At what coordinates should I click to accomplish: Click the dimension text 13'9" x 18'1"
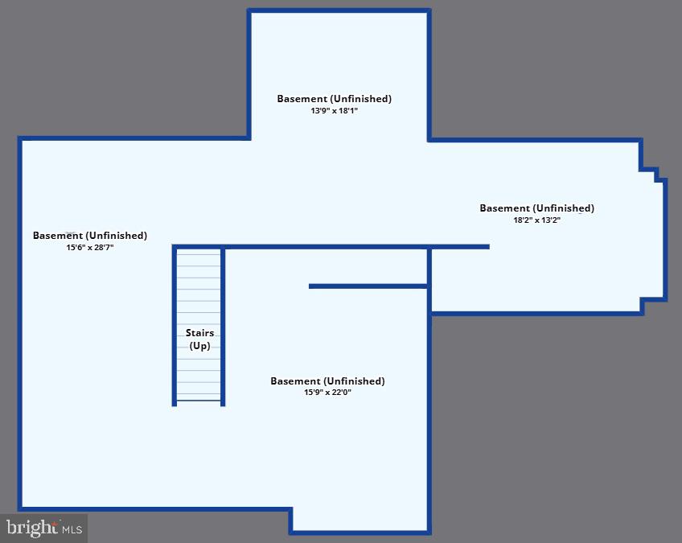pyautogui.click(x=334, y=111)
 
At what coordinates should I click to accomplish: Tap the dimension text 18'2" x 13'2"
pyautogui.click(x=536, y=220)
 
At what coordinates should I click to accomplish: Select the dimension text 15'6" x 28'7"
pyautogui.click(x=90, y=248)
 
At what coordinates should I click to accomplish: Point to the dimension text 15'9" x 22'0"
pyautogui.click(x=327, y=393)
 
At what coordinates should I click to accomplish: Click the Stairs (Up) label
pyautogui.click(x=199, y=339)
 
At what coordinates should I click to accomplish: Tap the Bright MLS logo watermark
pyautogui.click(x=44, y=528)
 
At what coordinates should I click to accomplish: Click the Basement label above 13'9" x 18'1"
pyautogui.click(x=334, y=99)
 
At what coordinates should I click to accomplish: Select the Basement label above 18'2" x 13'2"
pyautogui.click(x=536, y=208)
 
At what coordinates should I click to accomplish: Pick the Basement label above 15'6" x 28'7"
pyautogui.click(x=90, y=236)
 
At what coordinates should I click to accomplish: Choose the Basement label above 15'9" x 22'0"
pyautogui.click(x=327, y=381)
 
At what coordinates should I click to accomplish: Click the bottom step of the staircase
pyautogui.click(x=199, y=397)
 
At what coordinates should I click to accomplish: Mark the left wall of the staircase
pyautogui.click(x=175, y=326)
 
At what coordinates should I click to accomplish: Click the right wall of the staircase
pyautogui.click(x=223, y=326)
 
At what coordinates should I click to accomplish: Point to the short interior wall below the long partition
pyautogui.click(x=368, y=286)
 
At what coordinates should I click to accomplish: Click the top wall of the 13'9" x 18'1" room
pyautogui.click(x=339, y=10)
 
